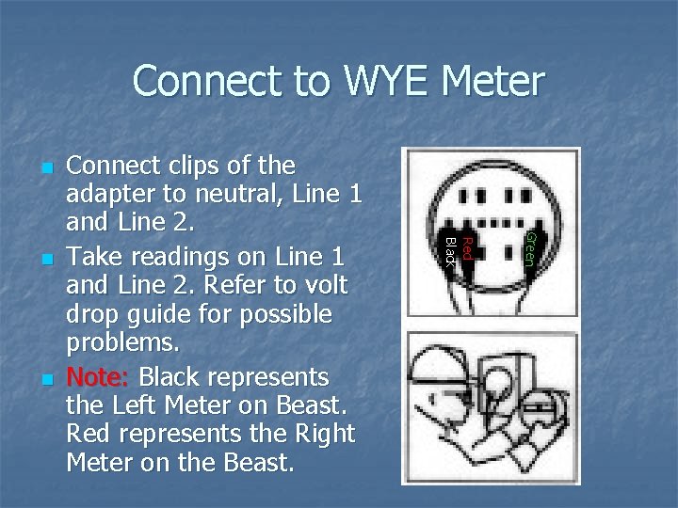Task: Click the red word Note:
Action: pos(99,377)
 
